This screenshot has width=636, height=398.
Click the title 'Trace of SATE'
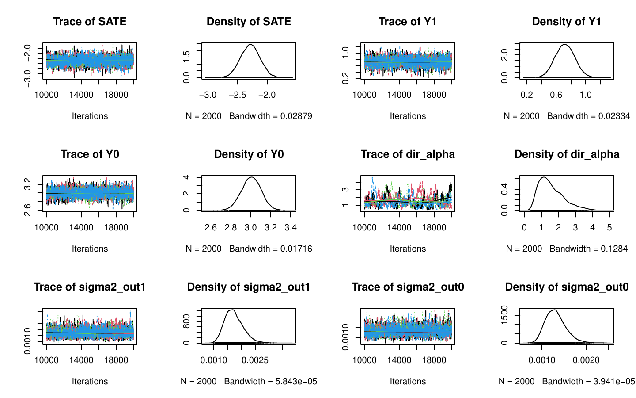[90, 22]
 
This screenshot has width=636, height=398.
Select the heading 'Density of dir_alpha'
[567, 154]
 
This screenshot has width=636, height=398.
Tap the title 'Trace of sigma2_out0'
[408, 287]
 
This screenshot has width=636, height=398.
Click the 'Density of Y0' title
[249, 154]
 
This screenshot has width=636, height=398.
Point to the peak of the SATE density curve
[250, 45]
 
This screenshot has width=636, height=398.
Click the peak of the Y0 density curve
[251, 177]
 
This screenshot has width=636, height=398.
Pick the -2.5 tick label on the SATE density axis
[237, 95]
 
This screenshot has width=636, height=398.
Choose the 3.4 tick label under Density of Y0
[290, 227]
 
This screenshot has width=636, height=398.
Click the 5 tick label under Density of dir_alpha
[609, 227]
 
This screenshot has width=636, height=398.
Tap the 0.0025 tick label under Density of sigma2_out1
[255, 360]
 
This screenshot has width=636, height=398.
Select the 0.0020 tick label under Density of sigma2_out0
[586, 360]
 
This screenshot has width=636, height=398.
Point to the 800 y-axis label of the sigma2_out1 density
[187, 321]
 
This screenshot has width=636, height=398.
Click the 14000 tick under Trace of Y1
[399, 95]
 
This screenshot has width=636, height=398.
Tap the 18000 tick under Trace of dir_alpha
[434, 227]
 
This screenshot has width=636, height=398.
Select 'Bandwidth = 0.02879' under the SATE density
[270, 116]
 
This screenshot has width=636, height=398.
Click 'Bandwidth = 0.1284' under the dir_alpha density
[588, 249]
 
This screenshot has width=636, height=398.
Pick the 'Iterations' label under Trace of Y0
[90, 249]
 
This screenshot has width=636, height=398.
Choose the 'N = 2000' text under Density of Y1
[522, 116]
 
